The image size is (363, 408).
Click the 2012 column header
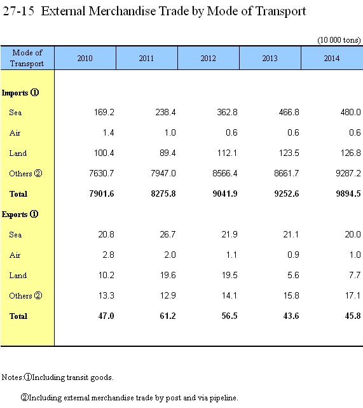point(208,59)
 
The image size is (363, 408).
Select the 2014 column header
point(332,59)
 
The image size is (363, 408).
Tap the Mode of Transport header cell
point(27,58)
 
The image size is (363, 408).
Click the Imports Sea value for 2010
point(104,112)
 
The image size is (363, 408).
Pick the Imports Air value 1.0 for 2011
point(170,132)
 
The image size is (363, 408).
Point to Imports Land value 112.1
point(227,153)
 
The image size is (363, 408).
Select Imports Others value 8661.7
point(286,173)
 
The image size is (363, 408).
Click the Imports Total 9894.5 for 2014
point(348,193)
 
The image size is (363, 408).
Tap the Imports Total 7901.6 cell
point(101,193)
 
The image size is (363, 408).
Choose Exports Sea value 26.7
point(168,234)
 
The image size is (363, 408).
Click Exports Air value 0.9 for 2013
point(293,255)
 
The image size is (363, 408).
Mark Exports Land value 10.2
point(106,275)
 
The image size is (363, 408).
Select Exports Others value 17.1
point(353,295)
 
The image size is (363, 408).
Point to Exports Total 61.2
point(168,316)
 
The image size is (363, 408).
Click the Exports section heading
point(20,215)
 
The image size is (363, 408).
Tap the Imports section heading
point(20,93)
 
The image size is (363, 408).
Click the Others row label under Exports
point(25,296)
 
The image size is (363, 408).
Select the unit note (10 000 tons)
point(339,40)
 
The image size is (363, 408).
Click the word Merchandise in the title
point(122,11)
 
